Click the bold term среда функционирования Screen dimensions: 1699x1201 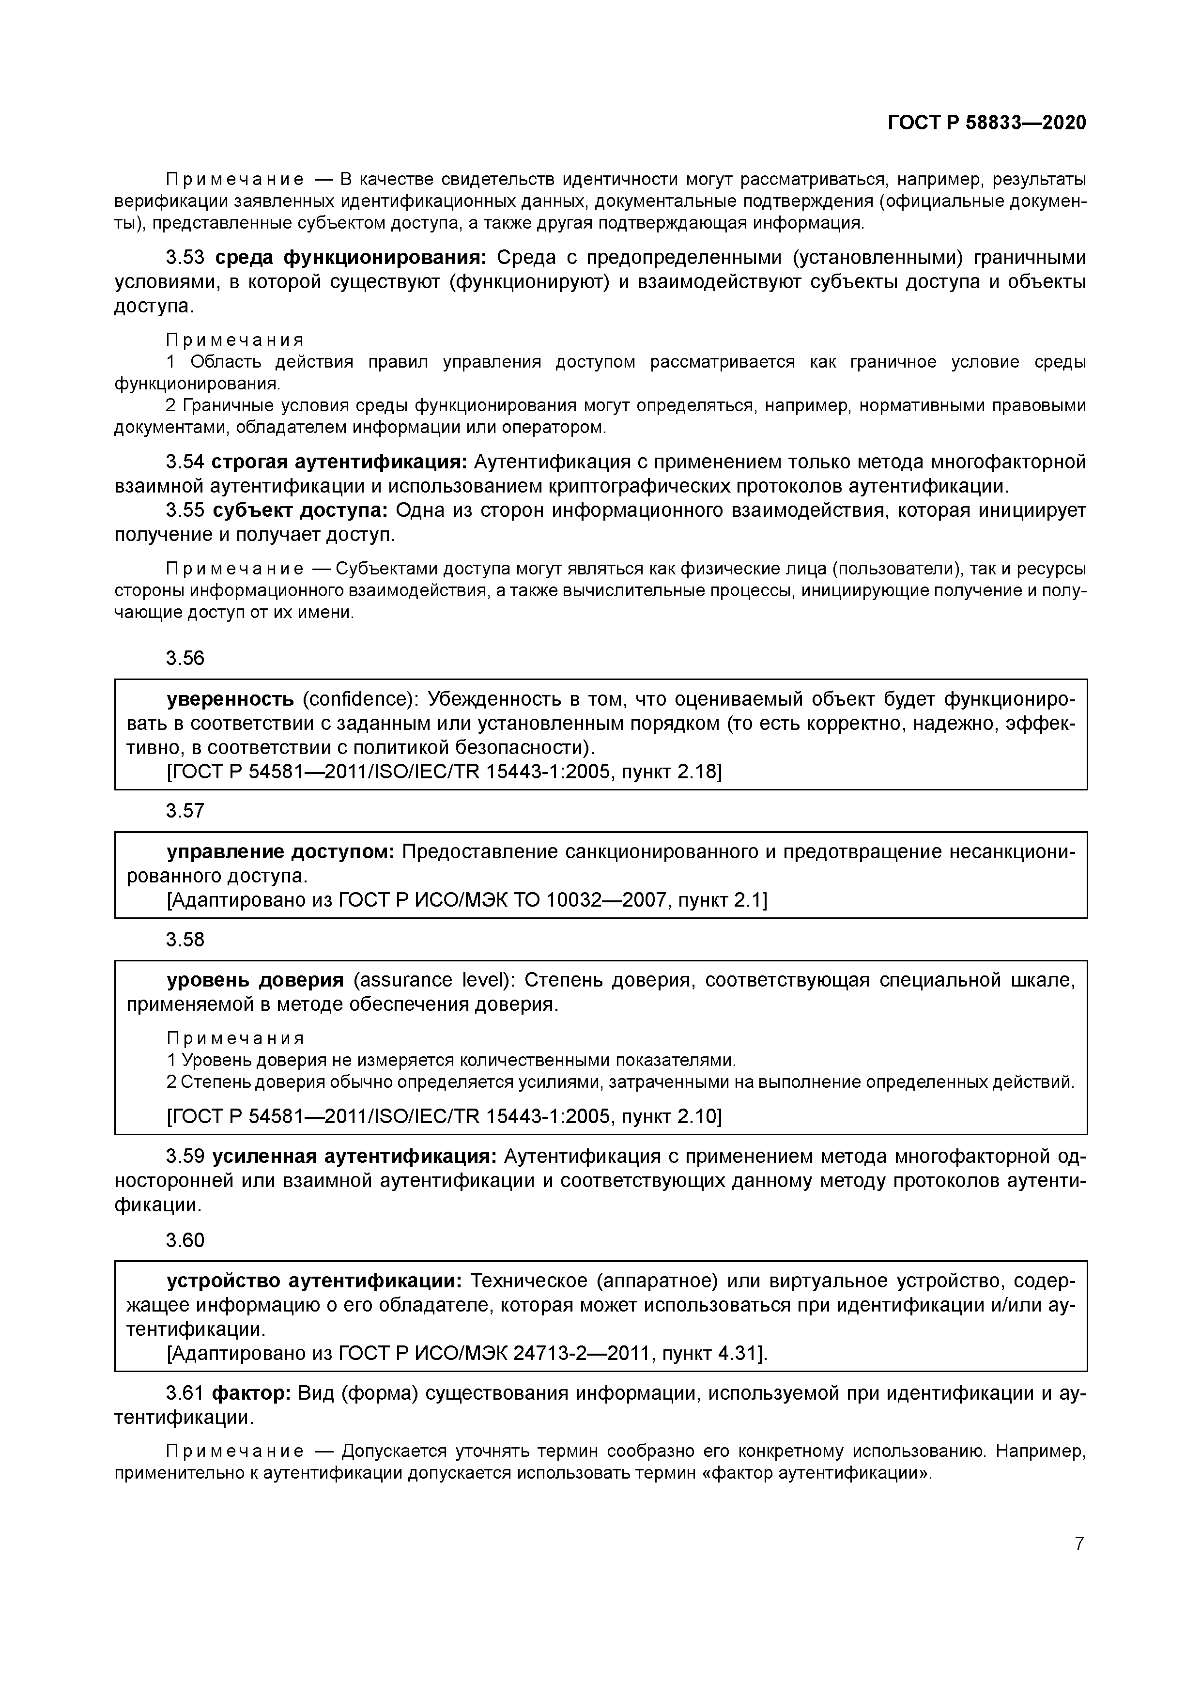pos(351,258)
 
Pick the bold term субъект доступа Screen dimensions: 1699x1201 pos(300,510)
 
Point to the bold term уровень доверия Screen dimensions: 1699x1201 pos(255,980)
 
